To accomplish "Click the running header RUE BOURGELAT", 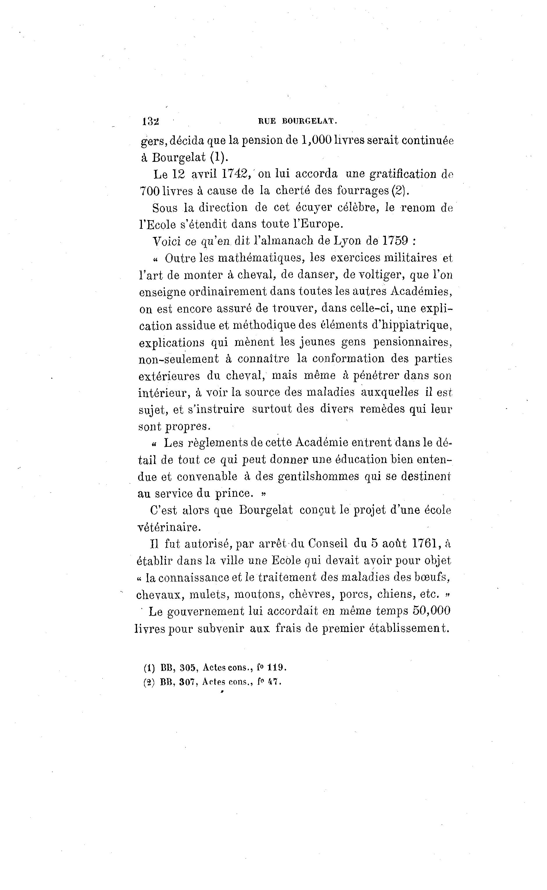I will click(297, 121).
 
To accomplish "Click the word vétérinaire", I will click(169, 527).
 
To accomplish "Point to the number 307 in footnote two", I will click(187, 682).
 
